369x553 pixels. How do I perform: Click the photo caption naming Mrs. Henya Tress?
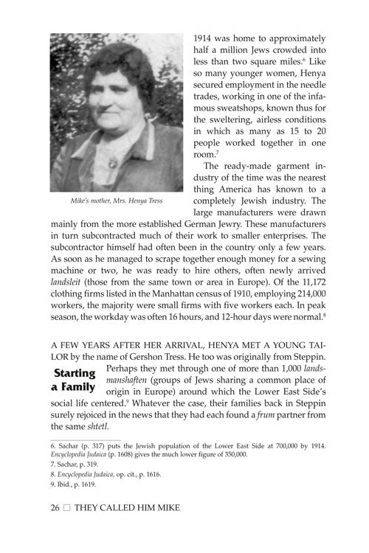point(116,201)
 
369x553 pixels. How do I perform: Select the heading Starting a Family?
point(74,380)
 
